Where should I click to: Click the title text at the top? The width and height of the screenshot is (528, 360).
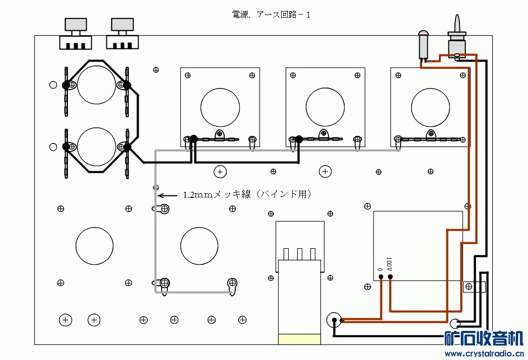(271, 15)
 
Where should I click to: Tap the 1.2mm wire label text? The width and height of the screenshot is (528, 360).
(247, 194)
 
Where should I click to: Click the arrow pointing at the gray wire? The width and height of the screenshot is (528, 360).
(167, 195)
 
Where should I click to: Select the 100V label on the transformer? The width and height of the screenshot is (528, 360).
(388, 264)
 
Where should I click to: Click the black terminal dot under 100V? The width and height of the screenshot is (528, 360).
(390, 277)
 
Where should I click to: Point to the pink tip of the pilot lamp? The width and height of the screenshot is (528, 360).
(423, 33)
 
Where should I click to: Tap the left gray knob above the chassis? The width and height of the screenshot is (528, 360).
(76, 25)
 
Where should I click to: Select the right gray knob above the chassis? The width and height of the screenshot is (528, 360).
(122, 25)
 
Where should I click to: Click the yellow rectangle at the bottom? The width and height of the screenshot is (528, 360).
(299, 339)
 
